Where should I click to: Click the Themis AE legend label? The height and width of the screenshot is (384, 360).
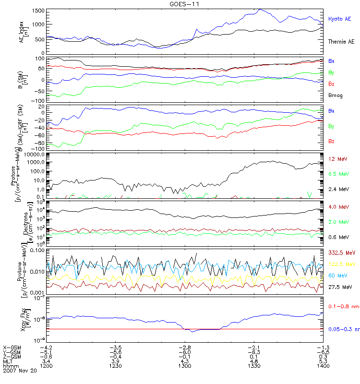[341, 42]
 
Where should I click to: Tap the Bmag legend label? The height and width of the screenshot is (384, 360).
[335, 95]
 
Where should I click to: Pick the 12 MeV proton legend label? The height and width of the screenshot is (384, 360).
[336, 159]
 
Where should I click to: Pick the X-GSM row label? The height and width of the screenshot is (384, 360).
[11, 347]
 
